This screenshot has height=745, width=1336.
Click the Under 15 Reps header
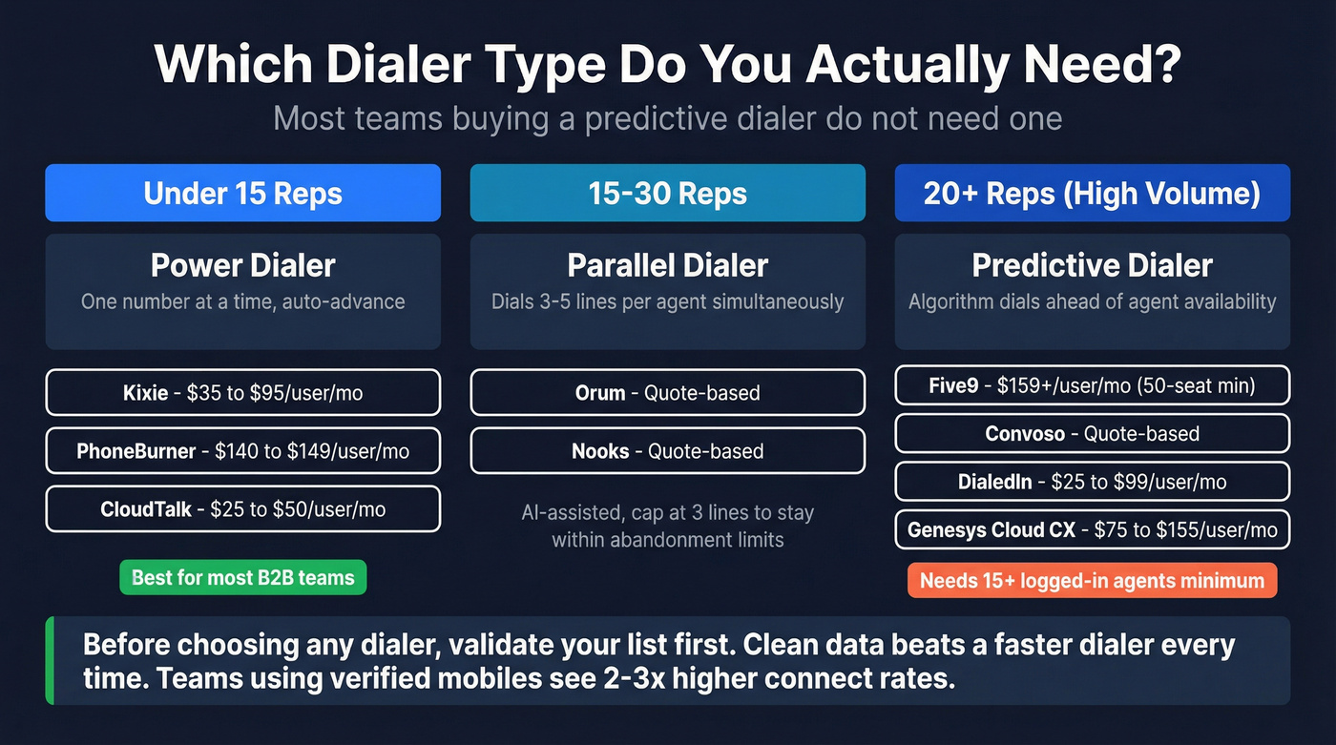pyautogui.click(x=242, y=194)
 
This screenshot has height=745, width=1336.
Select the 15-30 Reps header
pyautogui.click(x=667, y=194)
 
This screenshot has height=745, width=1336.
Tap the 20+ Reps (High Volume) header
pyautogui.click(x=1092, y=194)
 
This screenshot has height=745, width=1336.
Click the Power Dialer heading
pyautogui.click(x=242, y=265)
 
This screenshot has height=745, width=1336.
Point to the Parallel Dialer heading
pyautogui.click(x=667, y=265)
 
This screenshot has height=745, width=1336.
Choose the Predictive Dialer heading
pyautogui.click(x=1092, y=265)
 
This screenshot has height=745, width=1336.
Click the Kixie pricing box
pyautogui.click(x=242, y=392)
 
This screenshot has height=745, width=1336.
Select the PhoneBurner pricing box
pyautogui.click(x=242, y=450)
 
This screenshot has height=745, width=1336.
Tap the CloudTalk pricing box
pyautogui.click(x=242, y=509)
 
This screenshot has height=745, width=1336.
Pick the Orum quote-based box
pyautogui.click(x=667, y=392)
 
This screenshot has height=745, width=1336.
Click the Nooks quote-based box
pyautogui.click(x=667, y=450)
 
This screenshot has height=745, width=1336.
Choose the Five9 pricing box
pyautogui.click(x=1092, y=386)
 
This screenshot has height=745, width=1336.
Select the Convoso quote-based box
pyautogui.click(x=1092, y=433)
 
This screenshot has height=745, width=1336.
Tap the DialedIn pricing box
pyautogui.click(x=1092, y=482)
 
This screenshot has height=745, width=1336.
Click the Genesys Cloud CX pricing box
pyautogui.click(x=1092, y=529)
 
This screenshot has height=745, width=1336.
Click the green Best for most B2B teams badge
pyautogui.click(x=242, y=577)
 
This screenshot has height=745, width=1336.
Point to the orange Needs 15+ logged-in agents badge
pyautogui.click(x=1092, y=581)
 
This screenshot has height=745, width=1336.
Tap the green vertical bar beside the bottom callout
pyautogui.click(x=50, y=660)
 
